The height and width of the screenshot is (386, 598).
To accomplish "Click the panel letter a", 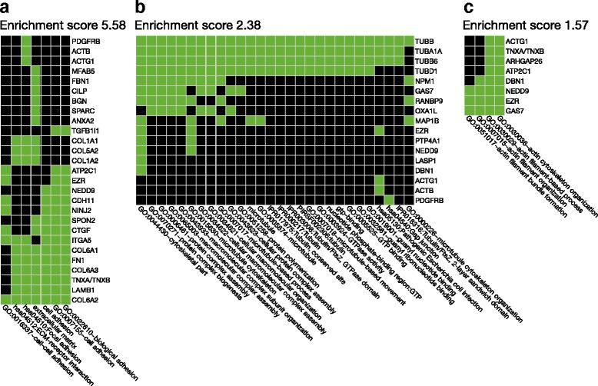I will [5, 7].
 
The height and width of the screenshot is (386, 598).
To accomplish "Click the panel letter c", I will [467, 7].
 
